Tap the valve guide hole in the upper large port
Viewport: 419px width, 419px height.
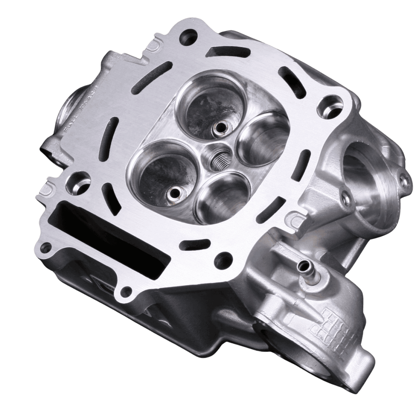[218, 127]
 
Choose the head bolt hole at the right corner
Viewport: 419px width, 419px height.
[330, 106]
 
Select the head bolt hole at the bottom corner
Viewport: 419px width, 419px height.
[223, 260]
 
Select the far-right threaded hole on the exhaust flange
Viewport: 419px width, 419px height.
[404, 181]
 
